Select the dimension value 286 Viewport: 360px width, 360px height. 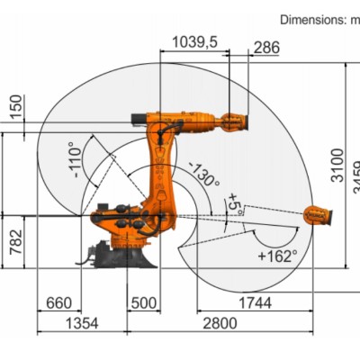[265, 46]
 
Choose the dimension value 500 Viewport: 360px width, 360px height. [143, 304]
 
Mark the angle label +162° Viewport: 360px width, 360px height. [276, 256]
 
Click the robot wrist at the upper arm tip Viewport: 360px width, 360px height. [232, 120]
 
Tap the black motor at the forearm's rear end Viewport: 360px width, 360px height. [138, 117]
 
